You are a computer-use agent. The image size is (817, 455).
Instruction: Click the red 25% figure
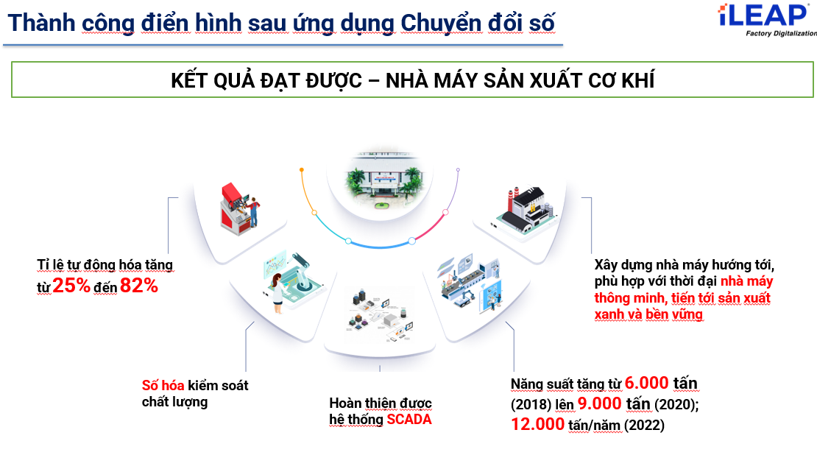[71, 286]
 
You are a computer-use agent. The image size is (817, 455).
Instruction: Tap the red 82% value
[139, 286]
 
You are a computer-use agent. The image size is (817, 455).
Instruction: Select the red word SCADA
[409, 420]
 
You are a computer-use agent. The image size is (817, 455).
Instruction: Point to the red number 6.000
[647, 383]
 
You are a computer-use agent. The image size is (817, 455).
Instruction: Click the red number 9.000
[600, 403]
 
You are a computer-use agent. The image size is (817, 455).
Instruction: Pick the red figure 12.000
[538, 424]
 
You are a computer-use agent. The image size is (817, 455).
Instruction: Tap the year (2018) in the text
[531, 405]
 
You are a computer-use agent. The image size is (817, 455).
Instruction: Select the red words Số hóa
[163, 386]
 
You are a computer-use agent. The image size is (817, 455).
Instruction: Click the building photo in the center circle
[384, 180]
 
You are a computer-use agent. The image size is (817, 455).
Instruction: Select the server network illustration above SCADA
[381, 314]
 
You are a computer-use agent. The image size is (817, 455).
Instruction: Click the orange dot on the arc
[302, 170]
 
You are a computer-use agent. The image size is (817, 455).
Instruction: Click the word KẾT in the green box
[189, 81]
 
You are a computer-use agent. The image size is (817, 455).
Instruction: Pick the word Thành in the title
[42, 23]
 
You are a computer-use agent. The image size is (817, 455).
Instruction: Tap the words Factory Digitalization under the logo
[781, 33]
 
